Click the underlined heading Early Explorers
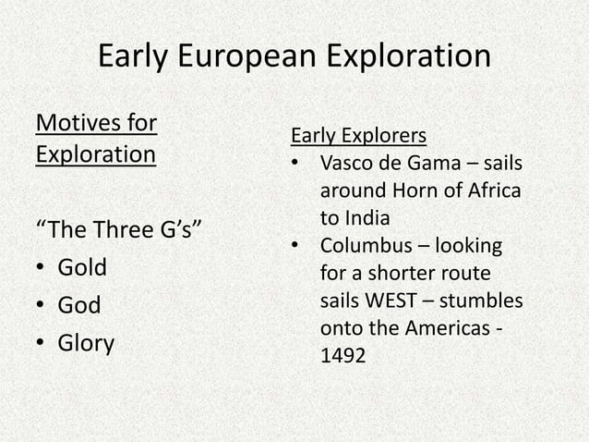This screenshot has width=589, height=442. click(358, 136)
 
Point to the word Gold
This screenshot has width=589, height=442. click(82, 268)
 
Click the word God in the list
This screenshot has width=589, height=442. click(78, 305)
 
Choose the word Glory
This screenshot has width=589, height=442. click(86, 343)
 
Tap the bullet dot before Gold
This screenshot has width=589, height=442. click(42, 269)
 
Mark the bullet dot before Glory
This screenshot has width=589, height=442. click(42, 344)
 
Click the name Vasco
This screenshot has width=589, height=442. click(345, 164)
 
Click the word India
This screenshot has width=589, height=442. click(367, 219)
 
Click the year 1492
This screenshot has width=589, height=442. click(342, 356)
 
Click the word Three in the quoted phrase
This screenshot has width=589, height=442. click(125, 230)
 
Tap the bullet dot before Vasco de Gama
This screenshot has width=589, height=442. click(294, 165)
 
